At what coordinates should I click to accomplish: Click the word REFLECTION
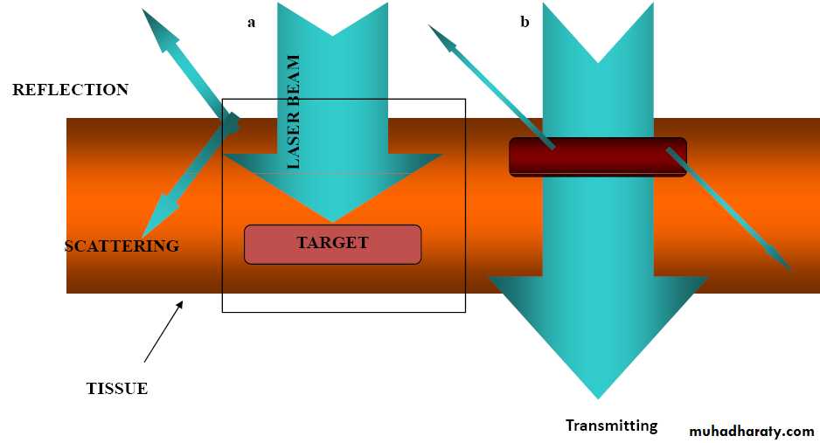[x=70, y=90]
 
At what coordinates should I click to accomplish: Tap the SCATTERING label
[x=122, y=246]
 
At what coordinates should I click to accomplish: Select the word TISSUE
[x=116, y=389]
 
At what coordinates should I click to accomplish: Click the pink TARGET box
[x=332, y=244]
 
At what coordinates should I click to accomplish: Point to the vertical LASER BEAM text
[x=294, y=112]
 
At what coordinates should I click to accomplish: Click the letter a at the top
[x=251, y=23]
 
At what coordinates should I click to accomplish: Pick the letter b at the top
[x=525, y=23]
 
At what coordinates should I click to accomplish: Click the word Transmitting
[x=611, y=426]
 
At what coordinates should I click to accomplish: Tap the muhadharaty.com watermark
[x=751, y=431]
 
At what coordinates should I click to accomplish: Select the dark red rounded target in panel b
[x=598, y=157]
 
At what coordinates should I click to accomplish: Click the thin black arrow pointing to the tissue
[x=163, y=331]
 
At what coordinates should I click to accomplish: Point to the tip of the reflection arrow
[x=144, y=10]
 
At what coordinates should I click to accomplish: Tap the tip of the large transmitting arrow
[x=599, y=397]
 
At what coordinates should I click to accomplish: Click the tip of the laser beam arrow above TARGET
[x=333, y=220]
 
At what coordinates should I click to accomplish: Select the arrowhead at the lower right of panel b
[x=788, y=267]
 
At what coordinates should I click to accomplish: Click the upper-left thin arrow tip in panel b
[x=431, y=28]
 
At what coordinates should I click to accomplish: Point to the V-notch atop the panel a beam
[x=332, y=35]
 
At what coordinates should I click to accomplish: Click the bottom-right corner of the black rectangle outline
[x=465, y=311]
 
